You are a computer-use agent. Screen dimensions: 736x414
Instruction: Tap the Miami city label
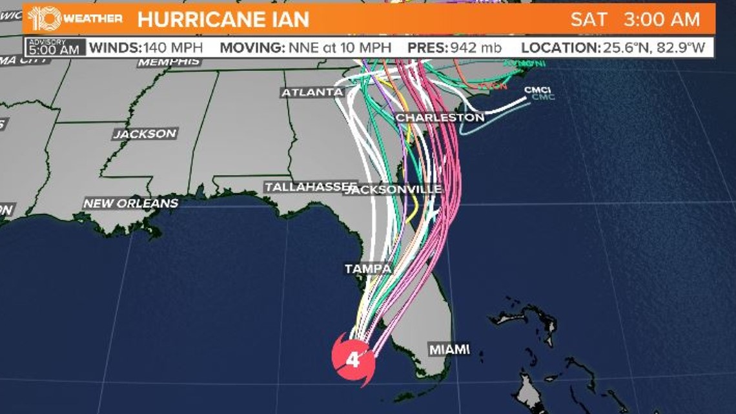tap(449, 349)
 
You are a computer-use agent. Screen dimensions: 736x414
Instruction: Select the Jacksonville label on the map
tap(394, 189)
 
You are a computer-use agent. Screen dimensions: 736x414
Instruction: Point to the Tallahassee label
tap(311, 187)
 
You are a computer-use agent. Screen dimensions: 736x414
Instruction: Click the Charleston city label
tap(440, 118)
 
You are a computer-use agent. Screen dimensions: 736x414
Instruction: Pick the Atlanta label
tap(312, 92)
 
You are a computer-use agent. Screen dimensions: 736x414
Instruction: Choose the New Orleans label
tap(130, 203)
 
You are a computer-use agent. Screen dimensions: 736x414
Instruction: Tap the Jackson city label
tap(145, 134)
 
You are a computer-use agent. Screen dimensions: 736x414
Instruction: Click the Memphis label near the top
tap(169, 62)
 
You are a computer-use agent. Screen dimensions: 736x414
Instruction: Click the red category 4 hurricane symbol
tap(353, 359)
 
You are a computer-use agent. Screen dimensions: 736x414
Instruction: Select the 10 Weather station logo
tap(44, 19)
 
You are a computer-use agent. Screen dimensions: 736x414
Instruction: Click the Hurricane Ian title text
tap(223, 19)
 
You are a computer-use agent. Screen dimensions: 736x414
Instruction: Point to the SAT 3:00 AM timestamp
tap(635, 19)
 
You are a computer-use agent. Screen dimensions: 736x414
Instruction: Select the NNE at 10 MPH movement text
tap(339, 47)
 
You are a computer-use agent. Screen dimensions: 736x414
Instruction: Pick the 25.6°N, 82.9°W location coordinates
tap(657, 47)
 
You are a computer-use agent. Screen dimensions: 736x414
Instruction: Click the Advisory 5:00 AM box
tap(55, 47)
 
